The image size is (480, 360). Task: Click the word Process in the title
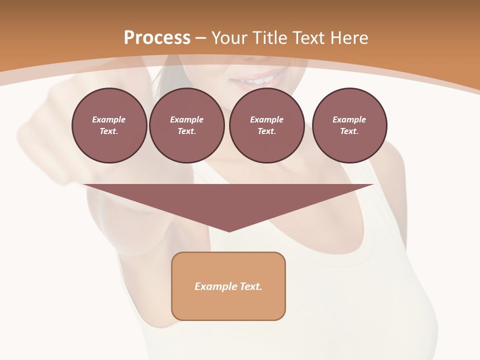pyautogui.click(x=157, y=38)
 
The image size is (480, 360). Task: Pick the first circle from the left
pyautogui.click(x=109, y=125)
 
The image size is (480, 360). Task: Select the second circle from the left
pyautogui.click(x=187, y=125)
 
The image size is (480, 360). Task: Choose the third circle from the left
pyautogui.click(x=266, y=125)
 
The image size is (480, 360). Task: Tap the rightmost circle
pyautogui.click(x=349, y=125)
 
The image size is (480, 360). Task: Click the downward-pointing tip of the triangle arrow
pyautogui.click(x=229, y=231)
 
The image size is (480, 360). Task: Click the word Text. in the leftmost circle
pyautogui.click(x=109, y=131)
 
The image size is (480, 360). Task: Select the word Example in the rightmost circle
pyautogui.click(x=349, y=119)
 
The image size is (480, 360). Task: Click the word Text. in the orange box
pyautogui.click(x=251, y=286)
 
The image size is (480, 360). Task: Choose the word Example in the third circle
pyautogui.click(x=266, y=119)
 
